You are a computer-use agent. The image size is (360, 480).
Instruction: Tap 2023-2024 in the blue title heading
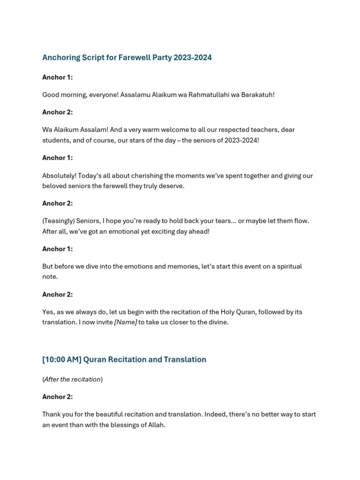192,58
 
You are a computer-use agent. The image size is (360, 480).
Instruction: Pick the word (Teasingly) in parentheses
58,221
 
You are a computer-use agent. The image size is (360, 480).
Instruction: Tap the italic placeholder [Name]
126,322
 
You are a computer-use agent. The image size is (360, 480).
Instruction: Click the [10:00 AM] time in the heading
61,360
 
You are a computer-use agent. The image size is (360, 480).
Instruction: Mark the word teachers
277,130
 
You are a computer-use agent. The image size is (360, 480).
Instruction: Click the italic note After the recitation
72,379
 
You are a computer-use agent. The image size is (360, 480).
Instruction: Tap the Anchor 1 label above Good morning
57,77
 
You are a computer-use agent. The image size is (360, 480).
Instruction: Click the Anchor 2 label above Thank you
57,397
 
